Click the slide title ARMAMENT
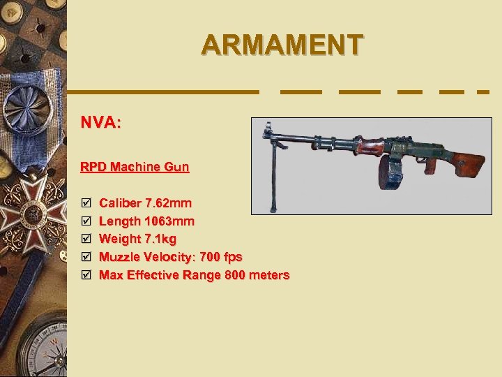(282, 45)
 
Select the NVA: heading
(101, 123)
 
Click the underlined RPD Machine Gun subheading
(135, 167)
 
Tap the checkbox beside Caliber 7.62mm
(85, 203)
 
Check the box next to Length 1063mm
(85, 221)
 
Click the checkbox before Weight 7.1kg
(85, 239)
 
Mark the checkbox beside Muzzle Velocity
(85, 257)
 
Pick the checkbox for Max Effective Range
(85, 275)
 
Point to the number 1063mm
(169, 221)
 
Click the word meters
(268, 275)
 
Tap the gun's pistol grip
(429, 165)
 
